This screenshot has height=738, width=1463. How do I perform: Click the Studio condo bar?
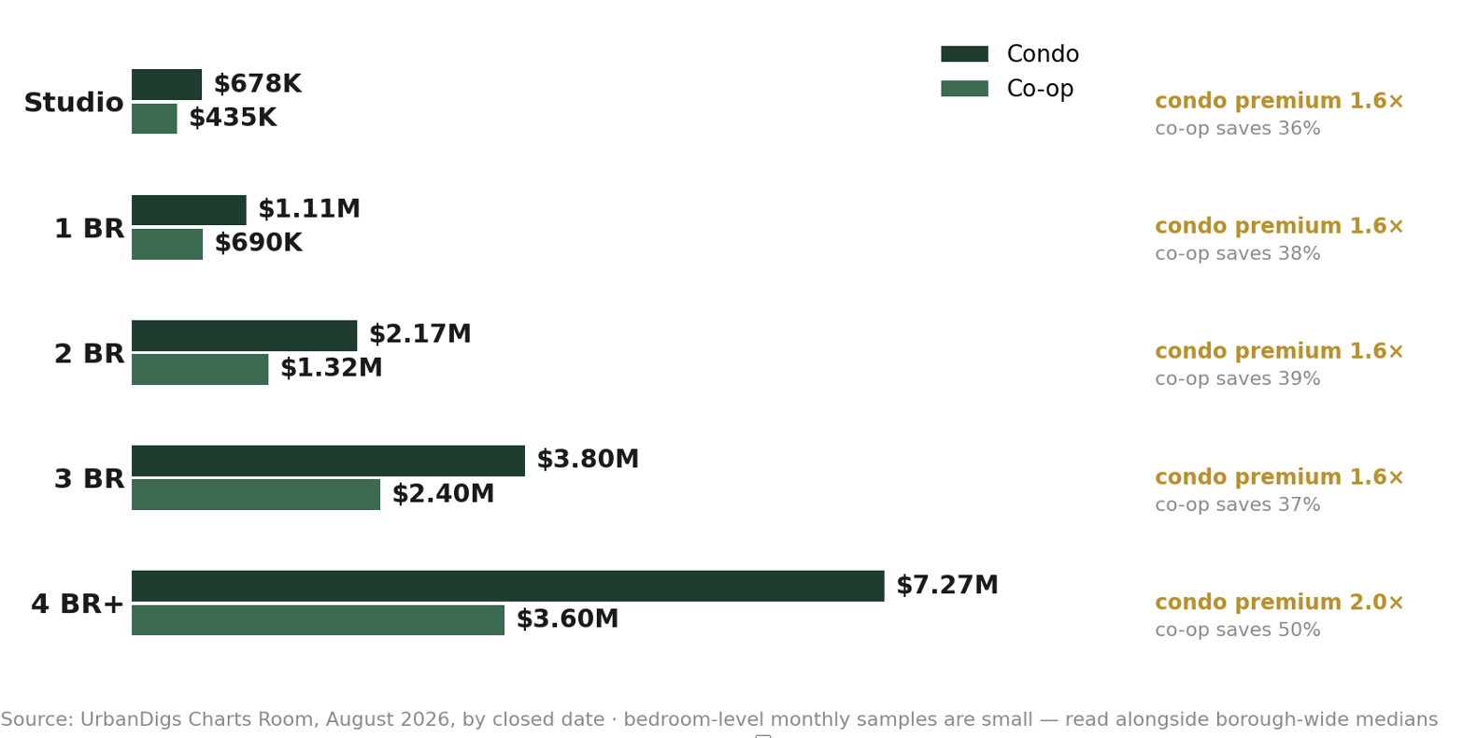point(166,84)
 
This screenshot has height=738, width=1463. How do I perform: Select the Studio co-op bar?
point(154,119)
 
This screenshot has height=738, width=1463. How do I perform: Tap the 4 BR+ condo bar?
point(508,586)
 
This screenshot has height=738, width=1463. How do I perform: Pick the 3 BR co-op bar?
point(256,494)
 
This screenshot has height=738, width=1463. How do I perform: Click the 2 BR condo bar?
point(244,335)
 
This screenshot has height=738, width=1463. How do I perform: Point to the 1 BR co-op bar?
point(167,244)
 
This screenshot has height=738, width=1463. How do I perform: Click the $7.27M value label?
point(947,585)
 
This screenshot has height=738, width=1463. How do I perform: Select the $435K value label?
point(234,118)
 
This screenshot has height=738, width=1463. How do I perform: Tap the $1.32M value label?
point(331,368)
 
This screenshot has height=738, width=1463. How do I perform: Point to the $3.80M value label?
point(588,459)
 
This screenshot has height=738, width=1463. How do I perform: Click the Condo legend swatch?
point(965,53)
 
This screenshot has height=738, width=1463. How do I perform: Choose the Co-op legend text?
point(1040,88)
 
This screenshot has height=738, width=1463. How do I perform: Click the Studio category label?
point(74,103)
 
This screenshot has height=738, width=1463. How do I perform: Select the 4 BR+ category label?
point(77,604)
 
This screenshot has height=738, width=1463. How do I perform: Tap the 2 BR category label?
point(89,354)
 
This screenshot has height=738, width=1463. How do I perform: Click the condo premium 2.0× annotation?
point(1279,603)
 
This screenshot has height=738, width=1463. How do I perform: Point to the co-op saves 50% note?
point(1238,630)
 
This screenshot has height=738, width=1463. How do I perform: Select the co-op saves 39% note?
point(1238,378)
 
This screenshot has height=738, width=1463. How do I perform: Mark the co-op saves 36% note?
point(1238,128)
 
